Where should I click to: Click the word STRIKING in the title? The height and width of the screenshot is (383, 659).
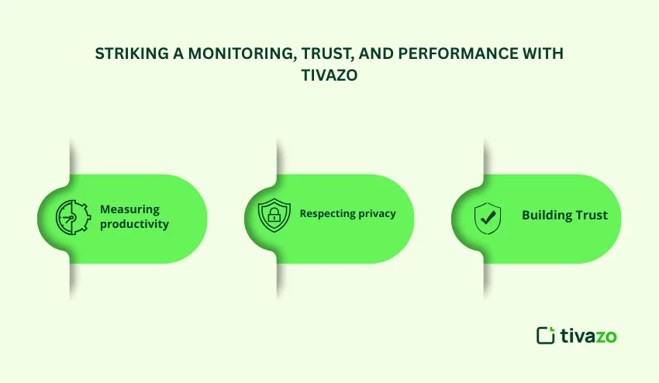(132, 53)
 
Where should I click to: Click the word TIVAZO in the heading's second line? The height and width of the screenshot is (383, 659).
(329, 75)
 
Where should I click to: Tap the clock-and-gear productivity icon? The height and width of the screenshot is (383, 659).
(73, 217)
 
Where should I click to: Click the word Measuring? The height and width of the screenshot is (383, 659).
(130, 209)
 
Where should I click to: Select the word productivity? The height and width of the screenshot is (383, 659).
(134, 224)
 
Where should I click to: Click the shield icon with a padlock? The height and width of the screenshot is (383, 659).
(274, 216)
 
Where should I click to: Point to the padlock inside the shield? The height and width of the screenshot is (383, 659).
(274, 215)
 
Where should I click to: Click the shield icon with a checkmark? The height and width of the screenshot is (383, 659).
(488, 218)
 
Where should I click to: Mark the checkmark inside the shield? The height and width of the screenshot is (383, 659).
(488, 217)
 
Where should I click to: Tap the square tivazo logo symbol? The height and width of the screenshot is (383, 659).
(546, 335)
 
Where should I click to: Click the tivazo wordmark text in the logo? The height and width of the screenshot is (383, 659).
(588, 336)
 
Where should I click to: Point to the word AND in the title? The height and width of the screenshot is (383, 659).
(376, 53)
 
